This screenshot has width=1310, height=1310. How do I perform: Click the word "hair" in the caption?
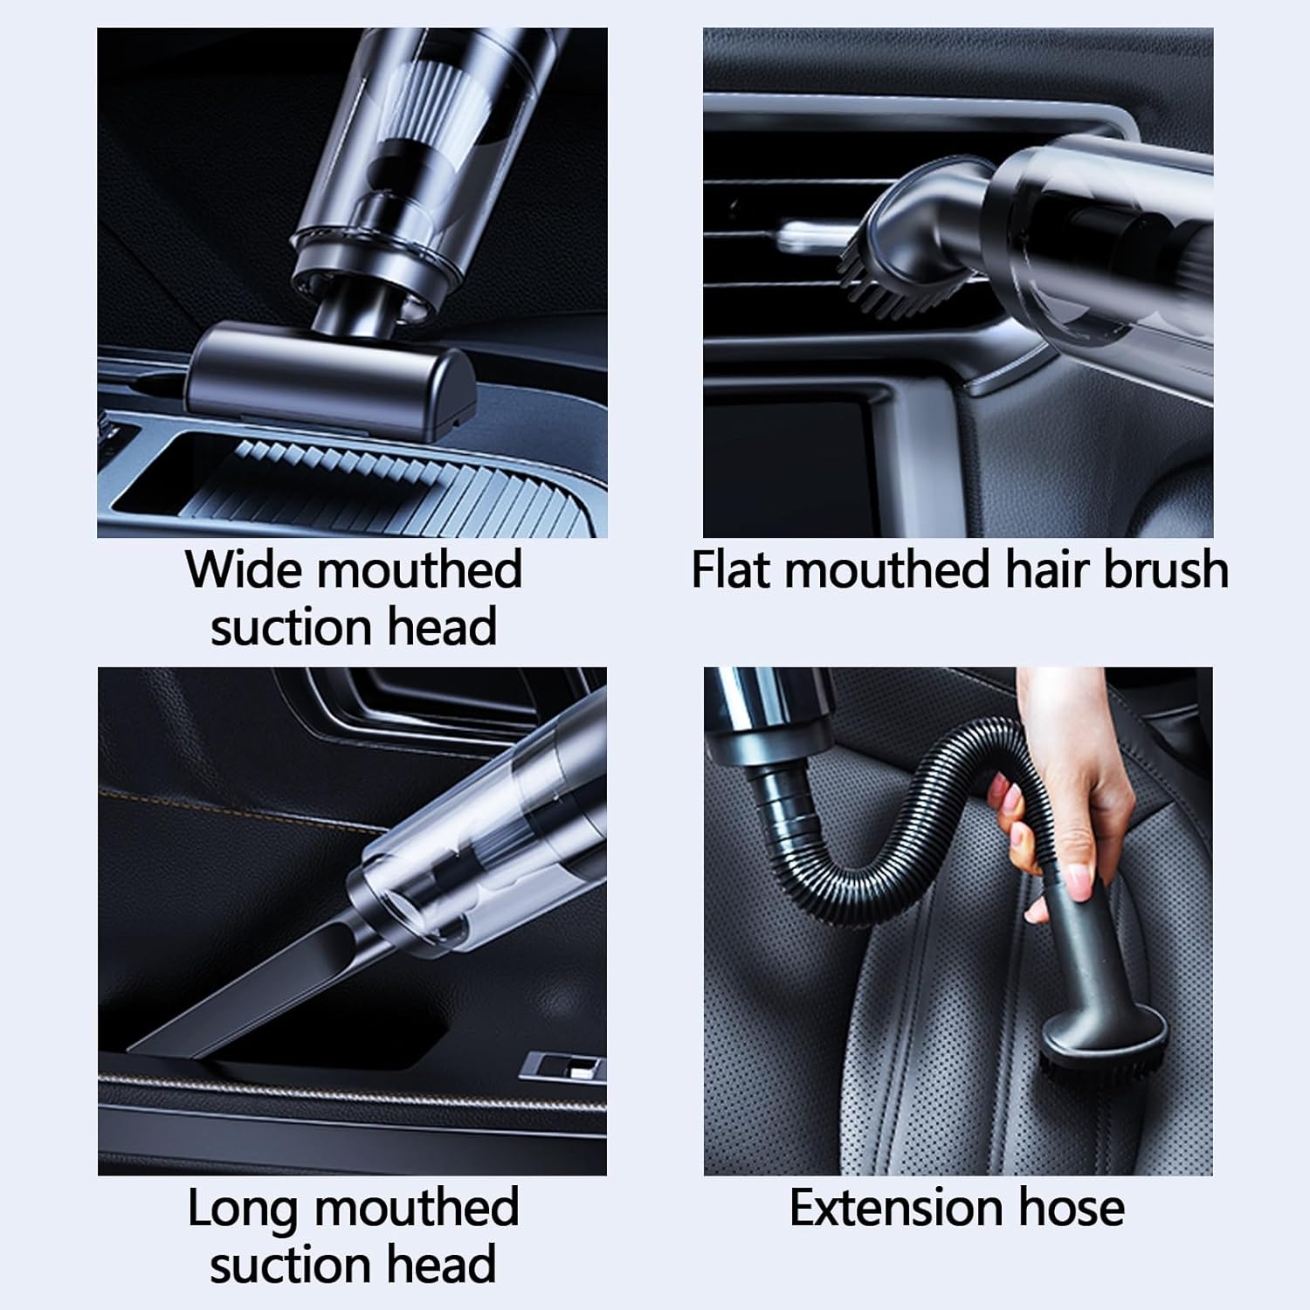click(x=1045, y=569)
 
